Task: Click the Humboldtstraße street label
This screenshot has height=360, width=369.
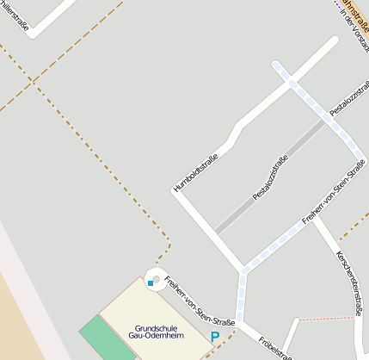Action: click(x=196, y=171)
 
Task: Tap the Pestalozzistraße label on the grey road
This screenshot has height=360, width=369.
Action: click(x=270, y=179)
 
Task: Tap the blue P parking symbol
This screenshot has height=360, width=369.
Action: click(x=215, y=336)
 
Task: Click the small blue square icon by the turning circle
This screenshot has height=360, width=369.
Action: click(x=151, y=282)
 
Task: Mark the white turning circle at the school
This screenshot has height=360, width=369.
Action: click(x=157, y=278)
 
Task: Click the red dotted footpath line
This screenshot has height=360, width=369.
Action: click(x=327, y=319)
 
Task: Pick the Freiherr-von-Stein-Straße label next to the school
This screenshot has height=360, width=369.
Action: click(x=199, y=297)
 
